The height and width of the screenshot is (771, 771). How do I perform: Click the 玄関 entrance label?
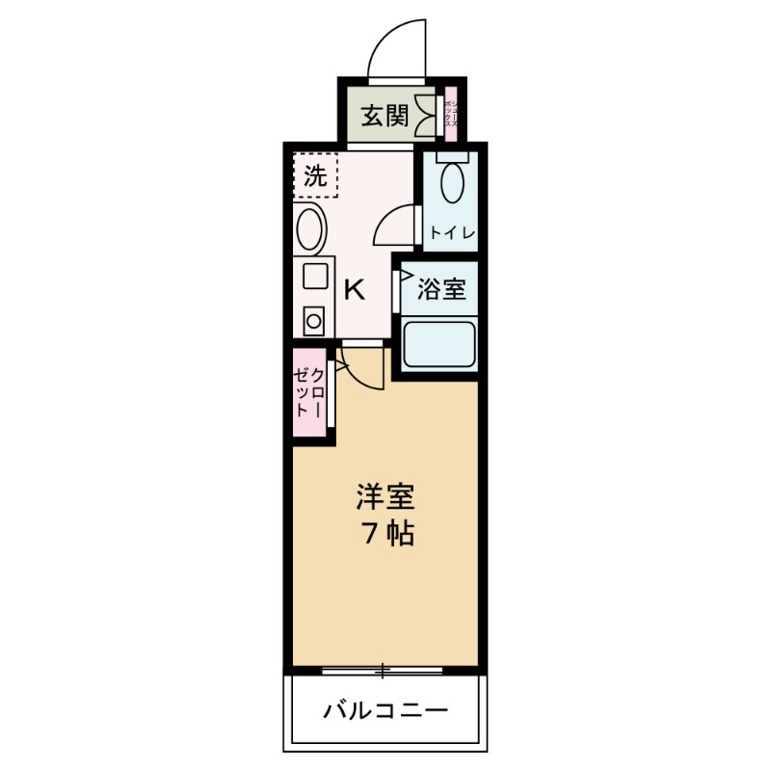(x=384, y=117)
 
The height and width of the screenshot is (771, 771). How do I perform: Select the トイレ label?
(x=450, y=232)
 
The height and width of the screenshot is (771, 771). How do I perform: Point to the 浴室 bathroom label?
(x=442, y=288)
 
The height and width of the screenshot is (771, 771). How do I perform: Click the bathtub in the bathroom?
(x=439, y=344)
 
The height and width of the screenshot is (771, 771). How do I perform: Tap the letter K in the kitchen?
(x=354, y=289)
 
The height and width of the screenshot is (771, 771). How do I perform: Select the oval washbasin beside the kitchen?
(x=311, y=229)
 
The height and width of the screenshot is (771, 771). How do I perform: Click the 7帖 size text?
(x=387, y=533)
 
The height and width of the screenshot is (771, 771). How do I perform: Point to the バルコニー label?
(x=385, y=712)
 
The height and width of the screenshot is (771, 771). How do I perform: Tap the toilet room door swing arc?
(x=395, y=226)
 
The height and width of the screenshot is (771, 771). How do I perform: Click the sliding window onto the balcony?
(x=383, y=669)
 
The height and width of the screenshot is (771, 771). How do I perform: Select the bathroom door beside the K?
(x=397, y=289)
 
